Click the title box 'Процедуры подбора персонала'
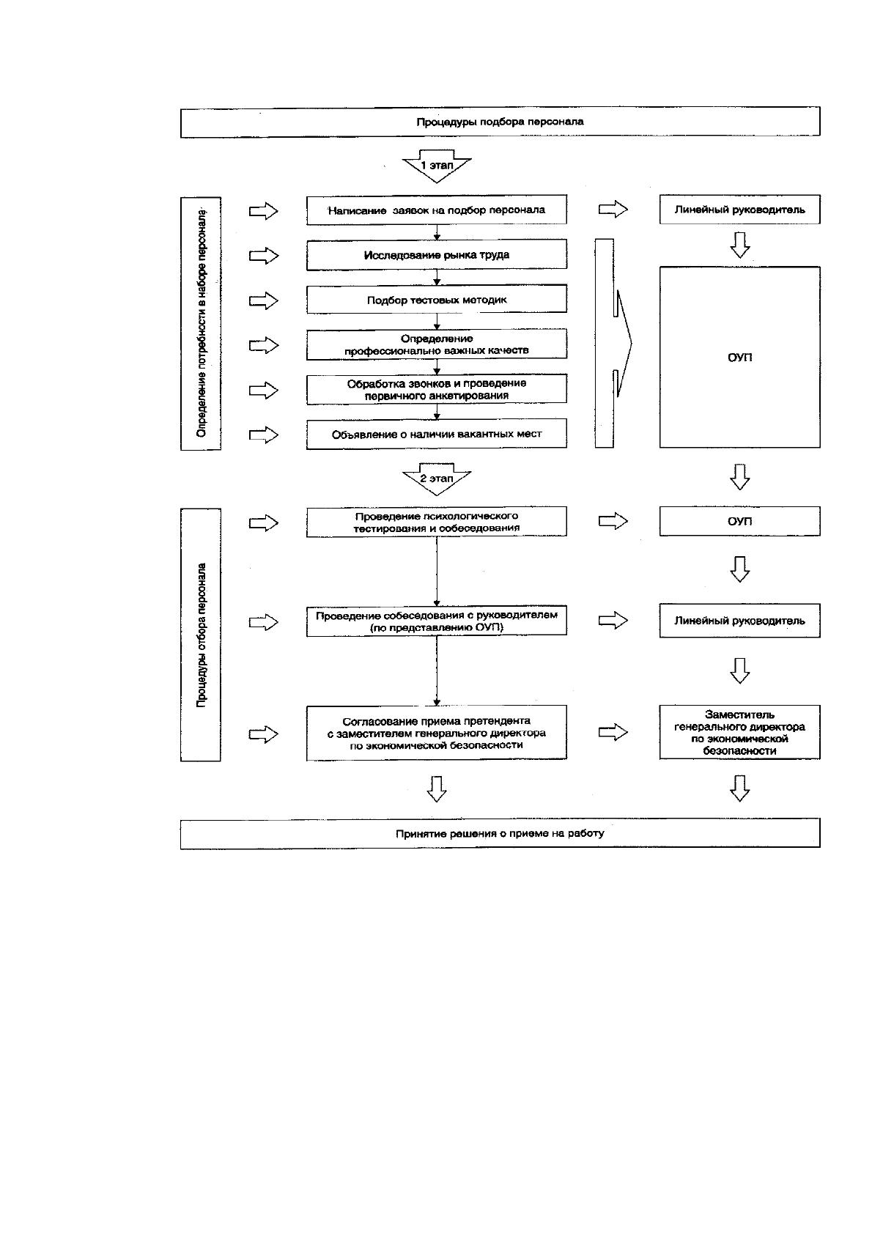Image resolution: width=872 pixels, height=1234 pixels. pyautogui.click(x=500, y=122)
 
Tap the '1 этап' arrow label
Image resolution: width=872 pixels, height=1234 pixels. pyautogui.click(x=437, y=166)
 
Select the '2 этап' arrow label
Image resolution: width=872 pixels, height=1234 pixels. pyautogui.click(x=437, y=479)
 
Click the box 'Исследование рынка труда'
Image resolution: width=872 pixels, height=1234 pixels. pyautogui.click(x=436, y=254)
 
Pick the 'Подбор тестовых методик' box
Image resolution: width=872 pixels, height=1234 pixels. pyautogui.click(x=436, y=300)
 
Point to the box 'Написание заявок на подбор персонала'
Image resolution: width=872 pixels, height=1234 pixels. pyautogui.click(x=436, y=210)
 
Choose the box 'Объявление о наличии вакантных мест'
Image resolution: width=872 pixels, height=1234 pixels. pyautogui.click(x=436, y=434)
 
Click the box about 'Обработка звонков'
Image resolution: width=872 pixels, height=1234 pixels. pyautogui.click(x=436, y=389)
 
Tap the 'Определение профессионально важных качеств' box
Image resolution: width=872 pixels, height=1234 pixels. pyautogui.click(x=436, y=344)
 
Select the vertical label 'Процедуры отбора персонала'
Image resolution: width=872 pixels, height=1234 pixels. pyautogui.click(x=201, y=635)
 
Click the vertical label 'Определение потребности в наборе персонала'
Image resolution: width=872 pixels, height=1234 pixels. pyautogui.click(x=201, y=323)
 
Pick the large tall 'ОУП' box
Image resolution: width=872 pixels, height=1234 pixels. pyautogui.click(x=740, y=357)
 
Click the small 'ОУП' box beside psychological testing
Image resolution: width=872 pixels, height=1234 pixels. pyautogui.click(x=740, y=521)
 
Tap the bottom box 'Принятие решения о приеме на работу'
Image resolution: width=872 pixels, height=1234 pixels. pyautogui.click(x=500, y=833)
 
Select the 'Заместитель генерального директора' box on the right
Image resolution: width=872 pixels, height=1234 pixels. pyautogui.click(x=740, y=732)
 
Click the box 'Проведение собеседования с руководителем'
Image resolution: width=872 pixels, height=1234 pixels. pyautogui.click(x=436, y=621)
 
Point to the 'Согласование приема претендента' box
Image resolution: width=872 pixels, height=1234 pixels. pyautogui.click(x=436, y=733)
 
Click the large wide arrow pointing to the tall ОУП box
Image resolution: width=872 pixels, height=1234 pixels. pyautogui.click(x=613, y=343)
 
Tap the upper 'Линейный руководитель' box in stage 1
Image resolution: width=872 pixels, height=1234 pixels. pyautogui.click(x=740, y=210)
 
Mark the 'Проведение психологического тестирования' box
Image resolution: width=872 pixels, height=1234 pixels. pyautogui.click(x=436, y=522)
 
